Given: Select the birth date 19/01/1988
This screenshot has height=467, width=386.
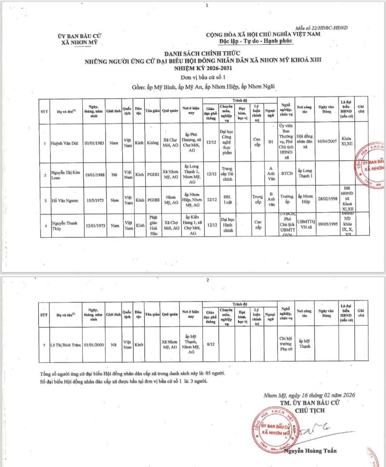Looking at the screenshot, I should coord(94,175).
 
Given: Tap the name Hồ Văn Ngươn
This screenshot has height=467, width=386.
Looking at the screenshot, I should coord(65,201).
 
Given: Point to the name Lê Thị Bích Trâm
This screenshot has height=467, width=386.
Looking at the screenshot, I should coord(65,345).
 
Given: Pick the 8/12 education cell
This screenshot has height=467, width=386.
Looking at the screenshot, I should coord(211,344).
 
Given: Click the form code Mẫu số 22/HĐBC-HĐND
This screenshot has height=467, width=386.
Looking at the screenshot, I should coord(321,28).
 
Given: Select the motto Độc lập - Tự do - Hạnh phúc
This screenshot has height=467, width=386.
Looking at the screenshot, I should coord(256,41).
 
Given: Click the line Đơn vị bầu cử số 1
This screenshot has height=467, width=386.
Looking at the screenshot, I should coord(203,77).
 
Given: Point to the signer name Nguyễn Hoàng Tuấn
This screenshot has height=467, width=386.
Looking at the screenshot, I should coord(310,451).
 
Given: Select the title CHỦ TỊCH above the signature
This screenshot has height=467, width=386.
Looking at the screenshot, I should coord(310,410).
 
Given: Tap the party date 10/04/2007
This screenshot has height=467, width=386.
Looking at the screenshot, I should coord(327,141).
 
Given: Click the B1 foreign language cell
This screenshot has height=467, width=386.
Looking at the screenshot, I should coord(271,142).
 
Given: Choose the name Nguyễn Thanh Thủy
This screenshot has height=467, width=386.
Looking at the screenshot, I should coord(64,226).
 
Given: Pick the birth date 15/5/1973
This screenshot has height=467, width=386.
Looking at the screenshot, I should coord(95,200).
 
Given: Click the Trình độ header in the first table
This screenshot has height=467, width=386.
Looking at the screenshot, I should coord(239,100).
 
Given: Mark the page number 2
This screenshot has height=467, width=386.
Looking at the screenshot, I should coord(207,280).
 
